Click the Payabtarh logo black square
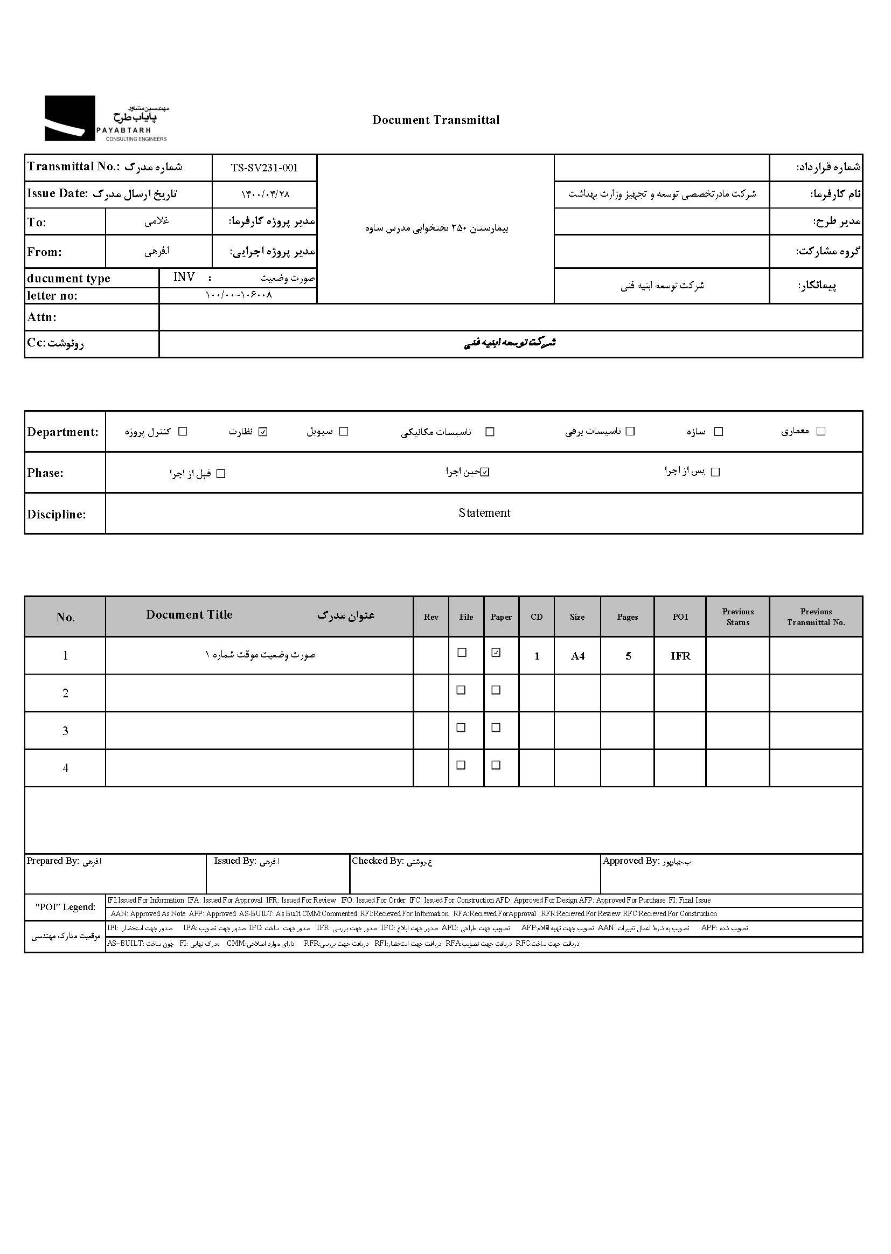click(x=69, y=118)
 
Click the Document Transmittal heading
click(x=436, y=120)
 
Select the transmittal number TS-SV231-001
click(x=264, y=168)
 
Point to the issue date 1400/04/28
click(x=265, y=195)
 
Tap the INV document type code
click(x=184, y=277)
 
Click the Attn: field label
click(x=41, y=317)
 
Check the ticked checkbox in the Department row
click(x=263, y=432)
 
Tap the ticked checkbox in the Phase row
click(x=485, y=472)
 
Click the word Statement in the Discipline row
click(x=484, y=513)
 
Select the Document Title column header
click(x=189, y=615)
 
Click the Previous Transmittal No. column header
click(x=816, y=617)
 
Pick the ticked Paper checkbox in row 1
click(x=496, y=653)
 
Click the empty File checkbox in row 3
click(x=462, y=728)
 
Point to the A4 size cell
click(x=577, y=656)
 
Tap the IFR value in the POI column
click(x=680, y=656)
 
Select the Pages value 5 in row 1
click(x=628, y=656)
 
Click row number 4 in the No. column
click(x=65, y=768)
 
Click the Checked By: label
click(x=378, y=861)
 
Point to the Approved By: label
click(x=630, y=861)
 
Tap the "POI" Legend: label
click(x=65, y=907)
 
